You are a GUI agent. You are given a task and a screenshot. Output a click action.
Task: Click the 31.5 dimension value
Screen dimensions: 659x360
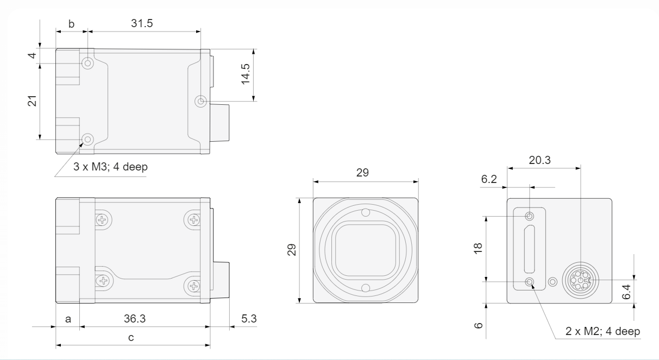click(142, 23)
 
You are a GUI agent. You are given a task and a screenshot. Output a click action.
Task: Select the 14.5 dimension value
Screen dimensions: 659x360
click(246, 74)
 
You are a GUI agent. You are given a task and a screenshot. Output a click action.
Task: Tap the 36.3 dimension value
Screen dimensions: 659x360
click(134, 319)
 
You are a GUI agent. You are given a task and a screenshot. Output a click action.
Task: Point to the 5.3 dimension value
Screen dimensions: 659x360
click(249, 319)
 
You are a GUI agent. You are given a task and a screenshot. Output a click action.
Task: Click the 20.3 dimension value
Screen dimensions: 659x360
click(539, 160)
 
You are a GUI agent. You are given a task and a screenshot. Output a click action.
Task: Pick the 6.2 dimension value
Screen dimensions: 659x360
click(489, 179)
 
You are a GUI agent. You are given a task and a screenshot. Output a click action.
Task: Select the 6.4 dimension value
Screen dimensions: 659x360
click(626, 292)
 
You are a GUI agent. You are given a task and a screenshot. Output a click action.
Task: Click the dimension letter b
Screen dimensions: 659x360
click(72, 24)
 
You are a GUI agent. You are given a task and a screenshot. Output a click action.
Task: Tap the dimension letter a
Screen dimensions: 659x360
click(68, 319)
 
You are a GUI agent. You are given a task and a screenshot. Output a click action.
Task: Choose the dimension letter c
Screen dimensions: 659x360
click(131, 338)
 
